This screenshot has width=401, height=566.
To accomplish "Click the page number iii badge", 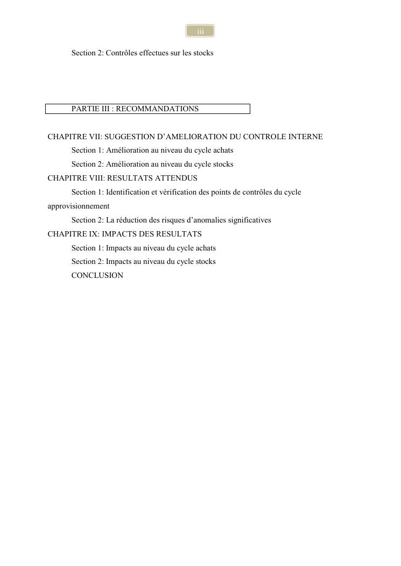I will tap(200, 31).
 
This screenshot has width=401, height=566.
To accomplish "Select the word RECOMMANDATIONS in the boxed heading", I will tap(157, 109).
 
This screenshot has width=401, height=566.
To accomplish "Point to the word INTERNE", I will tap(306, 137).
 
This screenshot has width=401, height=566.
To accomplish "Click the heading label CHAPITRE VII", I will tap(74, 137).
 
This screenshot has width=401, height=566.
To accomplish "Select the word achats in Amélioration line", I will tap(223, 151).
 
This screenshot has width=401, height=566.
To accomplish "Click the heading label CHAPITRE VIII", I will tap(76, 178).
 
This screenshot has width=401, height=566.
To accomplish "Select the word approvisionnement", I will tap(79, 206).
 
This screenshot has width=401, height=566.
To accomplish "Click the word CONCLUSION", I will tap(97, 276).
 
